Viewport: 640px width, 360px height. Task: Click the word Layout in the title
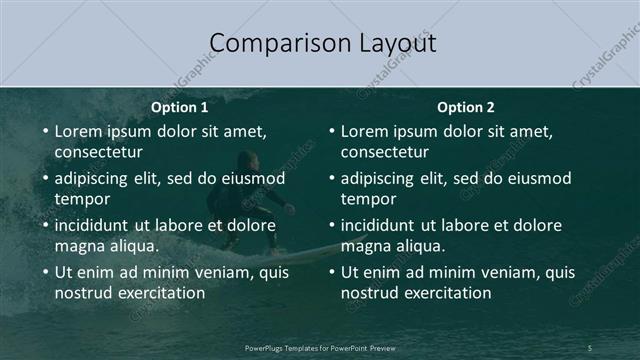[395, 43]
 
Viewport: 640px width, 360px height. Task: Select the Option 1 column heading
[180, 107]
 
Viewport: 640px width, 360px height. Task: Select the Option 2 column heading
[466, 107]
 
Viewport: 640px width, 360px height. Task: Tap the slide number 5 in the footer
[590, 347]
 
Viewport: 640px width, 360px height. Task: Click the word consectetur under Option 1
[98, 152]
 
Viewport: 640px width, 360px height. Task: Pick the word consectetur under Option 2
[384, 152]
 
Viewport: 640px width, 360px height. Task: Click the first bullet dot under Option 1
[44, 131]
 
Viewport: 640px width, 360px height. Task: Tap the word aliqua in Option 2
[420, 246]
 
